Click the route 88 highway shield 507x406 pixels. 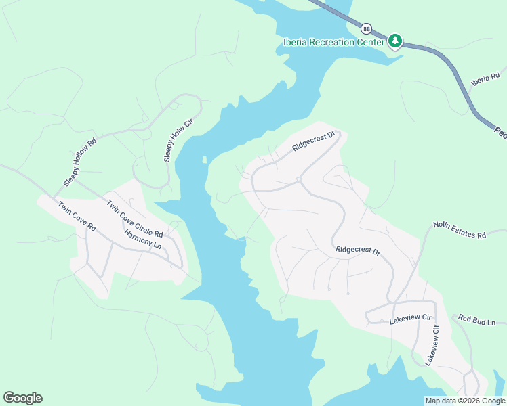pyautogui.click(x=366, y=28)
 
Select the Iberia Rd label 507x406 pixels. pyautogui.click(x=485, y=78)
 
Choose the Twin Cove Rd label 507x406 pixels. pyautogui.click(x=77, y=217)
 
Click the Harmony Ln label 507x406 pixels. pyautogui.click(x=142, y=239)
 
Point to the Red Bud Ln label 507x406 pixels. pyautogui.click(x=477, y=319)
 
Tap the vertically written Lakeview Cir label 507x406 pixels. pyautogui.click(x=432, y=345)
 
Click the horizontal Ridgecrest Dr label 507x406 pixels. pyautogui.click(x=358, y=250)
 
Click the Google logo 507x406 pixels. pyautogui.click(x=22, y=398)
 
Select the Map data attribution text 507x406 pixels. pyautogui.click(x=465, y=401)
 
